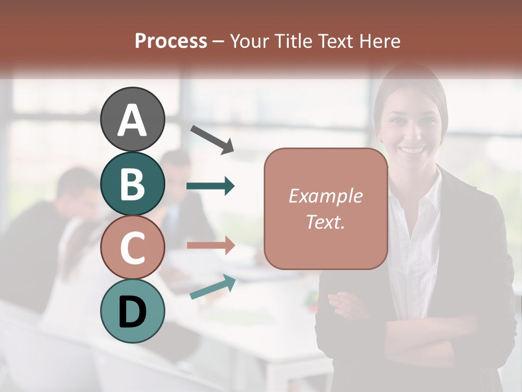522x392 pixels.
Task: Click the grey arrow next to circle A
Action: (212, 138)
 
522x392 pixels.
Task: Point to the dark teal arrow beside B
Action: (210, 186)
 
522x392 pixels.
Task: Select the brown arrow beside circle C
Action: (210, 245)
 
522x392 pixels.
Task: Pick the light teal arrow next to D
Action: (213, 287)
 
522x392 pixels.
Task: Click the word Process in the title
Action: (171, 41)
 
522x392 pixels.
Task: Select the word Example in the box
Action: (325, 196)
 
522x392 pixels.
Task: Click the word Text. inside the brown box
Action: (325, 222)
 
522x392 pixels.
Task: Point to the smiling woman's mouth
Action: (413, 149)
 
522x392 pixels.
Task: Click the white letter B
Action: (133, 184)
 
